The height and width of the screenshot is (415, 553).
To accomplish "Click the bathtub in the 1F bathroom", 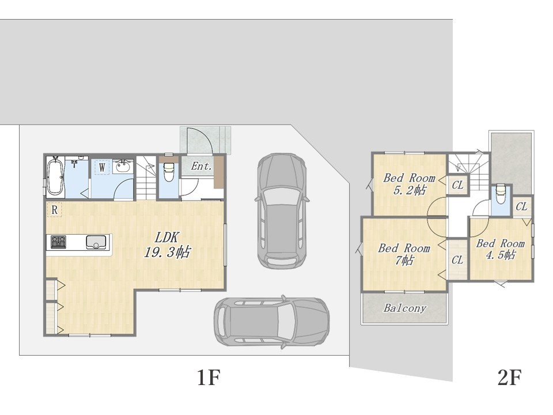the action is (56, 176).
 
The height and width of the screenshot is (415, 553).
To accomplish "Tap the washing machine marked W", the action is (102, 167).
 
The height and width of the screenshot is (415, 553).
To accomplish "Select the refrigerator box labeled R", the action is (54, 210).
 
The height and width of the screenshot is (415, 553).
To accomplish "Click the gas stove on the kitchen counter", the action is (58, 242).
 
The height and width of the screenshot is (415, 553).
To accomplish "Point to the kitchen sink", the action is (96, 242).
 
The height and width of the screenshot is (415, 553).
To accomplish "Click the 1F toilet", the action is (169, 171).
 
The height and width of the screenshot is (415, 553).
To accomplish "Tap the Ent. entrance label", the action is (201, 166).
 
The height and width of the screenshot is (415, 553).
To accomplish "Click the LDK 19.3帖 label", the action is (167, 244).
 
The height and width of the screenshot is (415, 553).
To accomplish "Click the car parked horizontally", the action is (272, 322).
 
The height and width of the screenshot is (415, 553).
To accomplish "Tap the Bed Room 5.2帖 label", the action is (409, 183).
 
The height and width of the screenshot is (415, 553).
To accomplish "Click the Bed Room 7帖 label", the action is (404, 254).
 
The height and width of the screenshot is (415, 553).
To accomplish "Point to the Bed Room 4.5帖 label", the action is (501, 249).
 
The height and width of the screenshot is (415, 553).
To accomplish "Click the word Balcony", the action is (405, 308).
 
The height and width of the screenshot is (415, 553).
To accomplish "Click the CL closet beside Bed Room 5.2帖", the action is (457, 185).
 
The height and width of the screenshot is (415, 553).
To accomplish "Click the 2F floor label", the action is (510, 377).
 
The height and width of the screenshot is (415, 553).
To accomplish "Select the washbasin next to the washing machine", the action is (123, 166).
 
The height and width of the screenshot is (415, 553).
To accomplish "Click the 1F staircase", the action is (146, 178).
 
